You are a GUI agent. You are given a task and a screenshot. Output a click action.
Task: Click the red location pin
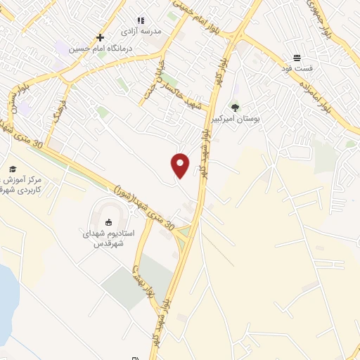pyautogui.click(x=181, y=165)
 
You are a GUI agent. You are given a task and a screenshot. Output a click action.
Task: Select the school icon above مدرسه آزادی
pyautogui.click(x=141, y=21)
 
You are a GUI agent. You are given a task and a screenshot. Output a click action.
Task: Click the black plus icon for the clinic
pyautogui.click(x=101, y=37)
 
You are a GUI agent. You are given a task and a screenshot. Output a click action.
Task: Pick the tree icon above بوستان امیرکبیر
pyautogui.click(x=235, y=108)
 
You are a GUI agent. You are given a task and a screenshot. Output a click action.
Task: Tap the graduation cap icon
pyautogui.click(x=12, y=169)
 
